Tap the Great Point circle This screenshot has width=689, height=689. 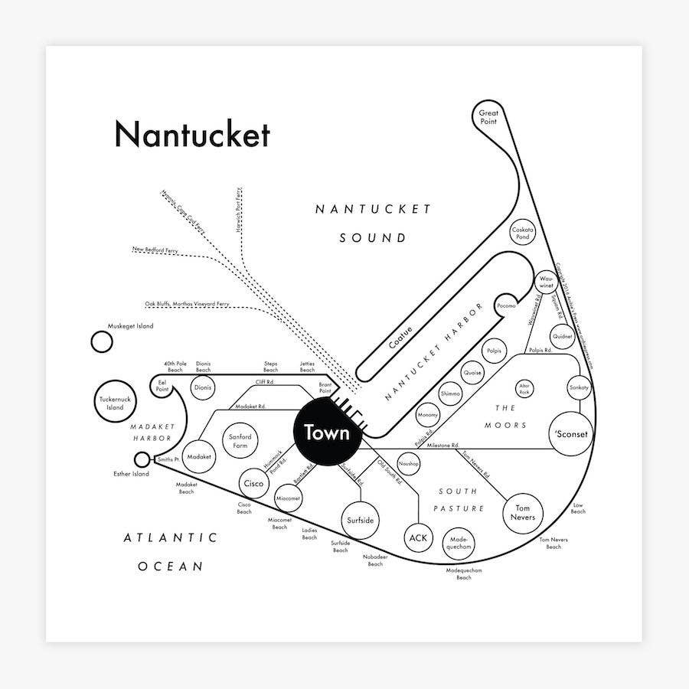point(488,117)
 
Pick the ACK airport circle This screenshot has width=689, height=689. point(418,538)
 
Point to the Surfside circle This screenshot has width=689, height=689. point(360,521)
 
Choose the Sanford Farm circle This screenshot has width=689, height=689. point(240,442)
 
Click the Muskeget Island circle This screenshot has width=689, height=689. point(101,341)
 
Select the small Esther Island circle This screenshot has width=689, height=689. point(142,459)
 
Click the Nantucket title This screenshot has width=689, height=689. point(191,135)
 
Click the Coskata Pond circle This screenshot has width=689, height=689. point(522,233)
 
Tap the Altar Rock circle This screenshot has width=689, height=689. point(524,389)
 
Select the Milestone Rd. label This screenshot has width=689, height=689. point(443,445)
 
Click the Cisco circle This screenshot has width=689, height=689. point(253,484)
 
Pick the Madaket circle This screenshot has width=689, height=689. point(199,456)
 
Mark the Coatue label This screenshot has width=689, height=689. point(400,338)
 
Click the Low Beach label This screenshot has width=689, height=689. point(578,508)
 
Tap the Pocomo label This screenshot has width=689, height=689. point(506,305)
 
